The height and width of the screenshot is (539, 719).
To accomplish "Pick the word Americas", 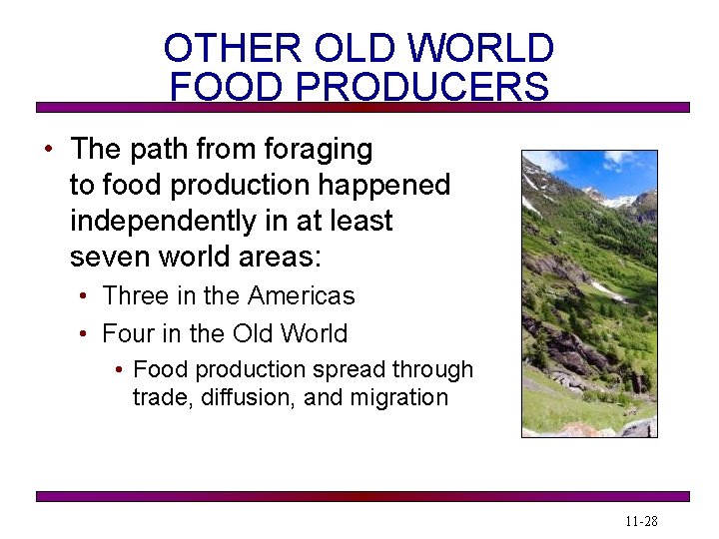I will (x=301, y=295).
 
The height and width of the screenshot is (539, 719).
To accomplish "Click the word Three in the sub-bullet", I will (x=137, y=295).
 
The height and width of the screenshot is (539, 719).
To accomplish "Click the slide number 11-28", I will (x=642, y=522).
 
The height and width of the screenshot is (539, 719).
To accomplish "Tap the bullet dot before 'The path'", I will (x=48, y=151).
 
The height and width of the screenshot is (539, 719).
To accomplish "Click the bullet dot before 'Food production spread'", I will (x=119, y=370).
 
